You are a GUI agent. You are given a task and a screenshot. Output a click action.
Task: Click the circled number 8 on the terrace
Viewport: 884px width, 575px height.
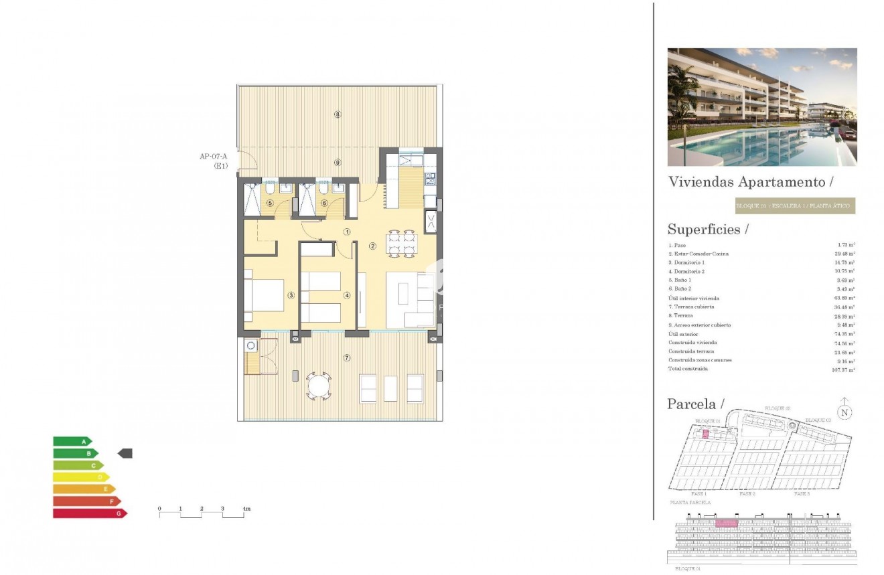(x=338, y=114)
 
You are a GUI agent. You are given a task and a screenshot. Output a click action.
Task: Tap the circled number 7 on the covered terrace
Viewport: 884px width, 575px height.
(x=346, y=357)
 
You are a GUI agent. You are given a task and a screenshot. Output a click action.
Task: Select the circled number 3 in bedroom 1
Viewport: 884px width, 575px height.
(x=291, y=295)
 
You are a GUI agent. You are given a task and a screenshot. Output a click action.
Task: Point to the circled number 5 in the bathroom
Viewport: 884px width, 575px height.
(x=270, y=203)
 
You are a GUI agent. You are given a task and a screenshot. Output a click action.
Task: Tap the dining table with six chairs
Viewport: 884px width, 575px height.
(x=400, y=244)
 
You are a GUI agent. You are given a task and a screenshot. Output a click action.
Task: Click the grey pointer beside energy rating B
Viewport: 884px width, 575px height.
(x=125, y=454)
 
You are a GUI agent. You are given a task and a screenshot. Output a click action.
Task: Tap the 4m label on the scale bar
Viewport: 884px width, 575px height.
(x=246, y=509)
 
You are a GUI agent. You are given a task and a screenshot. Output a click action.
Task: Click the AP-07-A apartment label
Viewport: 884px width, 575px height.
(x=213, y=157)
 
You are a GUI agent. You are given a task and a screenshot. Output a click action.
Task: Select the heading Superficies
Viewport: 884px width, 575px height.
(x=707, y=229)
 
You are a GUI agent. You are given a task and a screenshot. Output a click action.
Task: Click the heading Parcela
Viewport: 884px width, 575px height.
(x=696, y=404)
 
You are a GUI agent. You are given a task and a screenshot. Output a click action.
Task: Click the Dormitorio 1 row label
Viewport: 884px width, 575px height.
(x=686, y=263)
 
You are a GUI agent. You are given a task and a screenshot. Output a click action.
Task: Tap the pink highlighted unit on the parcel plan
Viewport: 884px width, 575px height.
(x=705, y=435)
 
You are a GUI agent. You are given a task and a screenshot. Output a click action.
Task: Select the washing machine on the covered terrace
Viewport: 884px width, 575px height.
(x=251, y=346)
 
